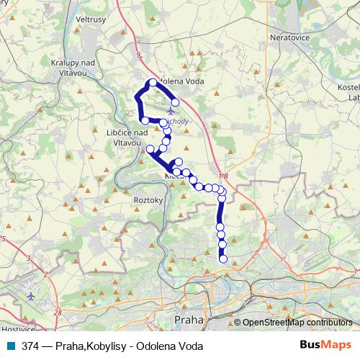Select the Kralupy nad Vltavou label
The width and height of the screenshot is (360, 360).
[71, 67]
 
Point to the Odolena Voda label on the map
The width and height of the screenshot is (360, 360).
[180, 82]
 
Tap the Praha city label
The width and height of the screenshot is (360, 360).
[189, 318]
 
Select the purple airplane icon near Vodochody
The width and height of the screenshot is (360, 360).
[170, 112]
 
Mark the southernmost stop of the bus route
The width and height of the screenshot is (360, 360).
[223, 259]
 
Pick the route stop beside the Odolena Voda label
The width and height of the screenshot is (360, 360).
[153, 83]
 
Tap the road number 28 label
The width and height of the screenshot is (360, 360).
[58, 312]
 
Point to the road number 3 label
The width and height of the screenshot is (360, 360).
[29, 258]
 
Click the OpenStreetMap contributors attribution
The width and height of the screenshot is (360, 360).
[298, 323]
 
